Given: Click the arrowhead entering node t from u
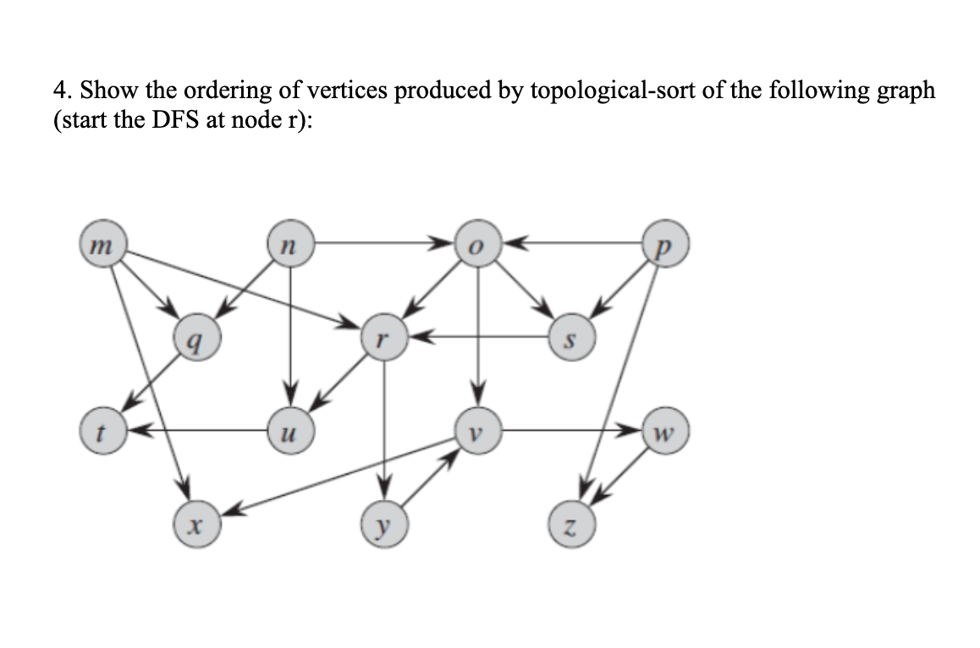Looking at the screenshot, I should coord(135,431).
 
